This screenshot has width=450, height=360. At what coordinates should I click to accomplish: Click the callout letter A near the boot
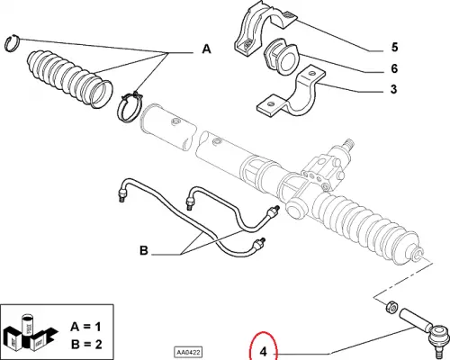(206, 49)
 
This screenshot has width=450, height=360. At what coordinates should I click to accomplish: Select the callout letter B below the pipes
(144, 250)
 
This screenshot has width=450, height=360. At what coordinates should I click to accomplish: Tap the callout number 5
(394, 47)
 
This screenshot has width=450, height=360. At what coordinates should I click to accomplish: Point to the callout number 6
(394, 68)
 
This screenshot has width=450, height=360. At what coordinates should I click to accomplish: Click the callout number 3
(394, 89)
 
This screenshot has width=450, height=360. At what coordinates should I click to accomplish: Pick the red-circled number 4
(264, 351)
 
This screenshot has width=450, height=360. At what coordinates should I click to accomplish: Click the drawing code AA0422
(188, 352)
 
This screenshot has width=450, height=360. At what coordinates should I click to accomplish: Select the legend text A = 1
(85, 327)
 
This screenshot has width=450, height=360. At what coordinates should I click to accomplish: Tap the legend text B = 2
(86, 344)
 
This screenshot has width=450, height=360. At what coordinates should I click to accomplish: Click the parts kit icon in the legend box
(29, 332)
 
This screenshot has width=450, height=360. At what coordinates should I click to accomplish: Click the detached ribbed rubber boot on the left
(69, 78)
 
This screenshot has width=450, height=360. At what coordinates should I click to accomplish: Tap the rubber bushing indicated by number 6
(281, 57)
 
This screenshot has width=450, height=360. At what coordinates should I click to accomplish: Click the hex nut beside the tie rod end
(391, 307)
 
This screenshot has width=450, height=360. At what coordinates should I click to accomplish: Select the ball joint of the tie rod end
(440, 339)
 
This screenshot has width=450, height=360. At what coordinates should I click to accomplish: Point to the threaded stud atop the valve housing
(348, 144)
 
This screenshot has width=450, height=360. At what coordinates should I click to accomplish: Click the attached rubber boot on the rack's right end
(369, 228)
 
